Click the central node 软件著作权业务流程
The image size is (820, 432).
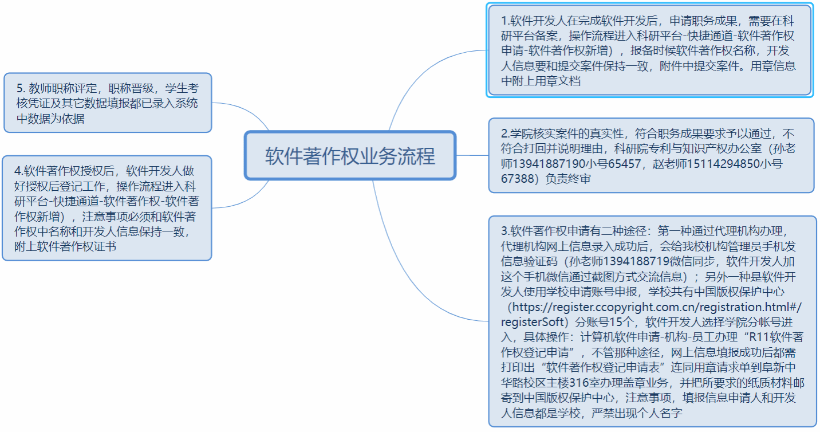click(x=350, y=156)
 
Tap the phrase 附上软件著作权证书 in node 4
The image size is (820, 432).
click(x=71, y=247)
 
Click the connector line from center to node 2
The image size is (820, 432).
click(x=472, y=155)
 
